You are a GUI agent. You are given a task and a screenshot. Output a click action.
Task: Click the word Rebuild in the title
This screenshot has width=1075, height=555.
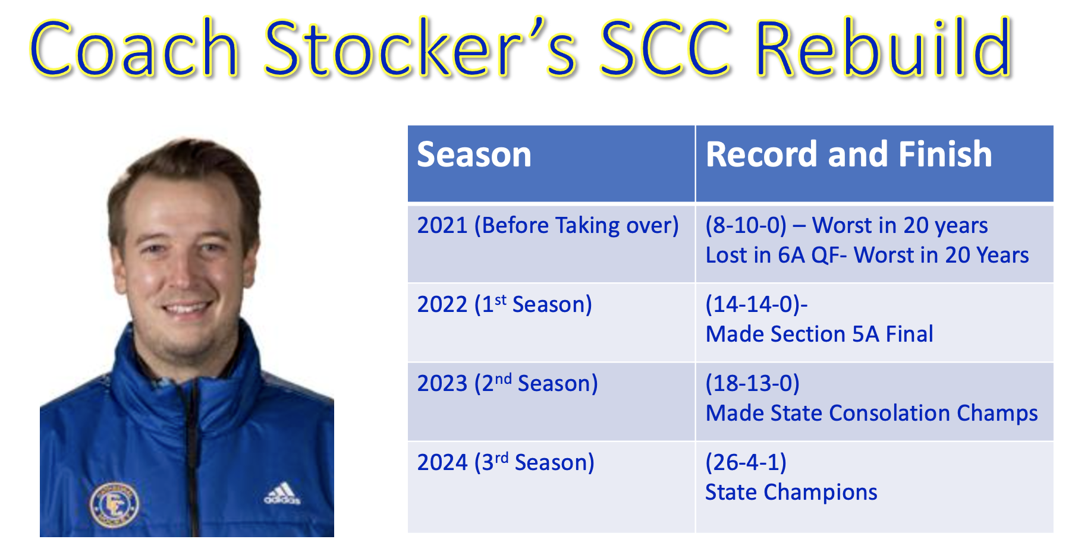(884, 48)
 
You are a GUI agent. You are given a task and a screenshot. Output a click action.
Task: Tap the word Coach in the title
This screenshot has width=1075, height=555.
(134, 48)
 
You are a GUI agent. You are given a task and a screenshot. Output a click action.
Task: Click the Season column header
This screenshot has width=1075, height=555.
(474, 154)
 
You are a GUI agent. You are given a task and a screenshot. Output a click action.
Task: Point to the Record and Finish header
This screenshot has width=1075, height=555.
(848, 154)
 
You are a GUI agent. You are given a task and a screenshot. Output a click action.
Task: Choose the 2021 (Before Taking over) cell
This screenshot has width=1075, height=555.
(548, 226)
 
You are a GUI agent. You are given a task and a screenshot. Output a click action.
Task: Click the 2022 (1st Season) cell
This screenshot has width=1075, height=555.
(504, 304)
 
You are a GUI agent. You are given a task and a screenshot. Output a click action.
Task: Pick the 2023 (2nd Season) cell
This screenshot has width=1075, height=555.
(507, 383)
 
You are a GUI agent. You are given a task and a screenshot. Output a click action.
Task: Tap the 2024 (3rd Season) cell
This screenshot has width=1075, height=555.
(505, 462)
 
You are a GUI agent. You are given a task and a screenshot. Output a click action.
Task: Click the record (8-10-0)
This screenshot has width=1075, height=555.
(746, 226)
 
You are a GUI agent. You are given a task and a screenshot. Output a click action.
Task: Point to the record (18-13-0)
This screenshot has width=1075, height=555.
(752, 383)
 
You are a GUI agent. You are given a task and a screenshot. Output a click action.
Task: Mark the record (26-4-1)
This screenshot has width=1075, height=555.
(746, 462)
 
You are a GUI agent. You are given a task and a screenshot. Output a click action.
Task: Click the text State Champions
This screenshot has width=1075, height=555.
(791, 493)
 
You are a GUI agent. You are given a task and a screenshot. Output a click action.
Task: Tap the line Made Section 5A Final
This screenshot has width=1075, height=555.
(819, 334)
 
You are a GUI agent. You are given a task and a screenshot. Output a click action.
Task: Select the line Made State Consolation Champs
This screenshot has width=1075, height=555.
(871, 414)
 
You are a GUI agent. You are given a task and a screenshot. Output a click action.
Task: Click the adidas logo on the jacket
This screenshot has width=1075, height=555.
(282, 494)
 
